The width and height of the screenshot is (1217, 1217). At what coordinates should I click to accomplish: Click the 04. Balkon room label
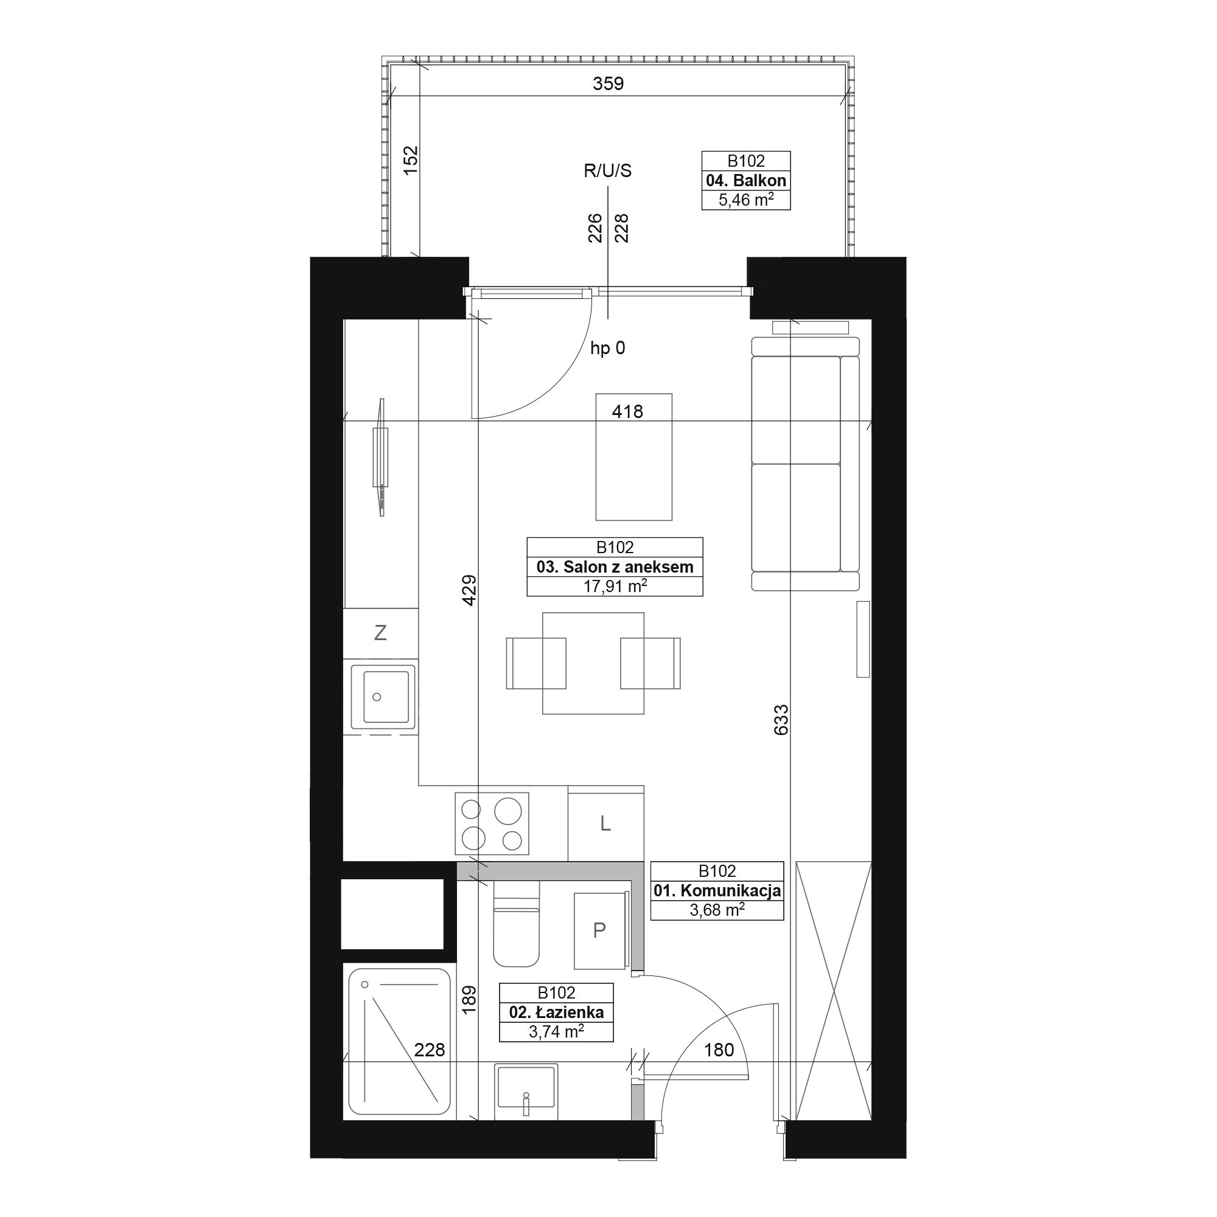click(746, 181)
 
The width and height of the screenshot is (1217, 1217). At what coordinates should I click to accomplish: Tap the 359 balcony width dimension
click(608, 83)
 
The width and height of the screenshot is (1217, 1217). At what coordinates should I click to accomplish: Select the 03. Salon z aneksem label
click(615, 567)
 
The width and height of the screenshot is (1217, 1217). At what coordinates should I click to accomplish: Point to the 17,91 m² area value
click(615, 587)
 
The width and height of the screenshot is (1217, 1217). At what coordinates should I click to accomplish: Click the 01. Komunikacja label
click(717, 891)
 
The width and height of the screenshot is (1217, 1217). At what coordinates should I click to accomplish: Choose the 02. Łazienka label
click(556, 1013)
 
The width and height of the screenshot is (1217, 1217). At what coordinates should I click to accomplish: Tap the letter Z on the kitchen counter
click(380, 632)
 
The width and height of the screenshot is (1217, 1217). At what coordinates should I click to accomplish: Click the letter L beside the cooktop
click(605, 823)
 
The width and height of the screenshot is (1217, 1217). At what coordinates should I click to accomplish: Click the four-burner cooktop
click(492, 823)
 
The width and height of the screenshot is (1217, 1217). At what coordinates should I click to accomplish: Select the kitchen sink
click(383, 697)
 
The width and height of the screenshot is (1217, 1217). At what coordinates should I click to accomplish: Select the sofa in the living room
click(806, 464)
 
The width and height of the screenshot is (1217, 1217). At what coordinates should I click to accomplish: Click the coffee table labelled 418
click(633, 458)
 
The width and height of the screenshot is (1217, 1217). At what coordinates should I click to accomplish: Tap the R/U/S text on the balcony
click(607, 171)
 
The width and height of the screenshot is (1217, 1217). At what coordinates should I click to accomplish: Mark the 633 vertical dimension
click(781, 719)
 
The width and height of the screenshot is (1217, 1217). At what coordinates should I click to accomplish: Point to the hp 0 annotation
click(607, 348)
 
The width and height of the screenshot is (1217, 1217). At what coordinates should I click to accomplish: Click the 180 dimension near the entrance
click(719, 1050)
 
